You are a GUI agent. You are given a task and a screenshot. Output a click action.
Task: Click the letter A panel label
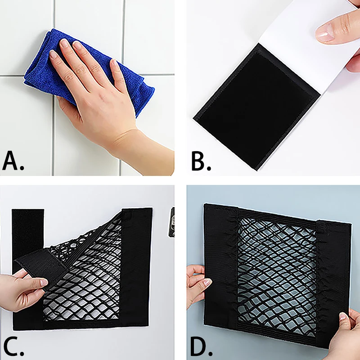click(x=13, y=161)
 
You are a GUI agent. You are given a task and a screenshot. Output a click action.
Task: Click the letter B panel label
click(x=201, y=161)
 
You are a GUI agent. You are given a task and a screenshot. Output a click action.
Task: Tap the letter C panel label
click(x=13, y=346)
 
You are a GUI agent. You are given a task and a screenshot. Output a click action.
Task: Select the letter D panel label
click(x=201, y=346)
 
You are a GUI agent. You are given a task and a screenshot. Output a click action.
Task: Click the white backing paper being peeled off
click(x=306, y=46)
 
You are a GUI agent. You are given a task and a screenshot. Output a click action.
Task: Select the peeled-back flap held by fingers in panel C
click(x=39, y=266)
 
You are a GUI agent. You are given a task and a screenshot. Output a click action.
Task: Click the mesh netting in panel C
click(x=90, y=275)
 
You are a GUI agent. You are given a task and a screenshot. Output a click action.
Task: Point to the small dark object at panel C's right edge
click(x=172, y=222)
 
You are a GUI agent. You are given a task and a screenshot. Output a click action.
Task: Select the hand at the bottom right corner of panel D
click(x=344, y=334)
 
